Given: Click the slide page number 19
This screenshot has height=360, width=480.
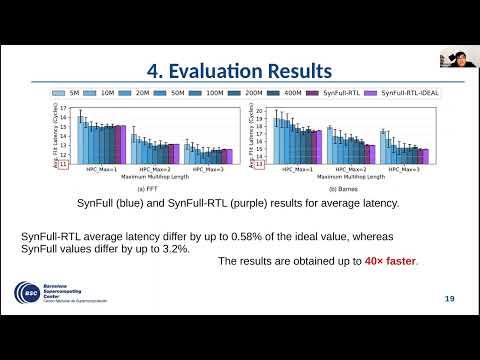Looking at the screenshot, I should point(449,299).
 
